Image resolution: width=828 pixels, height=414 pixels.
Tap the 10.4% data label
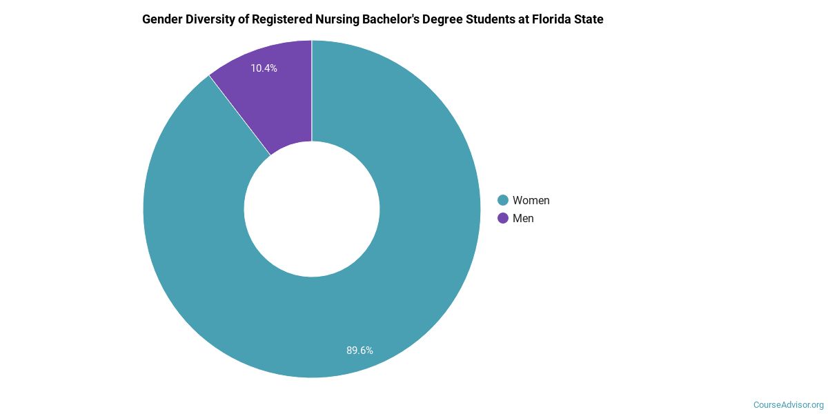pyautogui.click(x=264, y=68)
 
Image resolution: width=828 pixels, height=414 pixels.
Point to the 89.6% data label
pyautogui.click(x=359, y=351)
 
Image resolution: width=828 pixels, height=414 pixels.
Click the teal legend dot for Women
pyautogui.click(x=503, y=200)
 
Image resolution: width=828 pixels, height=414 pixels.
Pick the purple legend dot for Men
pyautogui.click(x=503, y=218)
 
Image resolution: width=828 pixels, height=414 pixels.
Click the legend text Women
pyautogui.click(x=531, y=200)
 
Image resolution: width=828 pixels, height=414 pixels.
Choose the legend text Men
pyautogui.click(x=523, y=218)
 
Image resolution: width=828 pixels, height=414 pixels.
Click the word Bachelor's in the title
pyautogui.click(x=400, y=19)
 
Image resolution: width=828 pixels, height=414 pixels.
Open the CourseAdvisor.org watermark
pyautogui.click(x=788, y=404)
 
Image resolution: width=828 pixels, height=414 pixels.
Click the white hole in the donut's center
pyautogui.click(x=312, y=209)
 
